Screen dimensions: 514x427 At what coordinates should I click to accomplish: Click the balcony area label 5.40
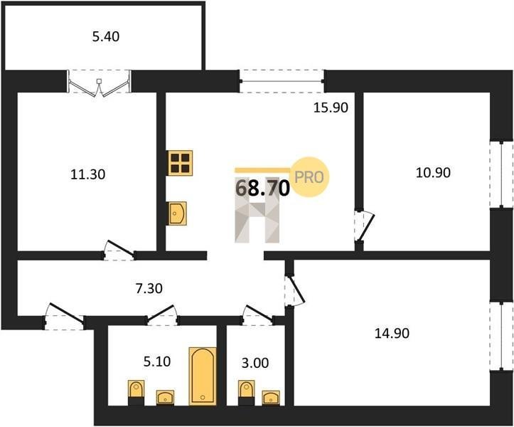(x=105, y=36)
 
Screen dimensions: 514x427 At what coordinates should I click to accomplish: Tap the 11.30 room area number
(x=88, y=174)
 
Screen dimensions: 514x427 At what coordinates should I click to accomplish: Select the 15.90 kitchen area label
(x=331, y=107)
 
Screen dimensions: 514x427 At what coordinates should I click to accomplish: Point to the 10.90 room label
(x=433, y=172)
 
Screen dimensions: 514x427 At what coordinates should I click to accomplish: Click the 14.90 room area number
(x=392, y=333)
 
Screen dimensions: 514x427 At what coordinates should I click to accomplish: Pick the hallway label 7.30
(x=149, y=288)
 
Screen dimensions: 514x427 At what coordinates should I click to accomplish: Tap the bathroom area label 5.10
(x=157, y=362)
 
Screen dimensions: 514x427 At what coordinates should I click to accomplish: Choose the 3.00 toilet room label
(x=255, y=363)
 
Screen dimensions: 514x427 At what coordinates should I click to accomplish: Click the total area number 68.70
(x=262, y=188)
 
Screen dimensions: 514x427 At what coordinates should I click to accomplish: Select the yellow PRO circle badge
(x=310, y=177)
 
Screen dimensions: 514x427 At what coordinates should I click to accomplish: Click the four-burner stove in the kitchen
(x=180, y=163)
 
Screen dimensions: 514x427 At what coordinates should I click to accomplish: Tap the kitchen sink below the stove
(x=177, y=213)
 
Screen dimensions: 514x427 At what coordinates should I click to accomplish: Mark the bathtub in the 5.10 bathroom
(x=203, y=376)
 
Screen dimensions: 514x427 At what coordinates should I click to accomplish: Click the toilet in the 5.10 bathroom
(x=136, y=393)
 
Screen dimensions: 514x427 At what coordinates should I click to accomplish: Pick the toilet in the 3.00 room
(x=247, y=393)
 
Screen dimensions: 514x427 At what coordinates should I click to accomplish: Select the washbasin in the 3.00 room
(x=271, y=398)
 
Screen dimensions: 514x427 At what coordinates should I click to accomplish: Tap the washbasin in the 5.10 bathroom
(x=165, y=398)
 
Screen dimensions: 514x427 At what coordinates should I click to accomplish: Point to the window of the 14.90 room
(x=501, y=336)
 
